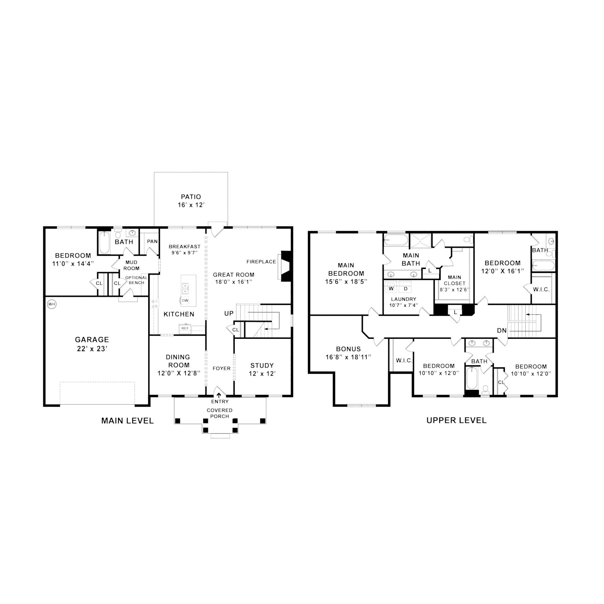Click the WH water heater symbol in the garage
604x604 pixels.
pos(51,304)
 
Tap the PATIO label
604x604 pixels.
pos(191,197)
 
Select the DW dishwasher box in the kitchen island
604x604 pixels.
pos(185,300)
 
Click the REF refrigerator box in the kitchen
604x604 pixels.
pos(185,328)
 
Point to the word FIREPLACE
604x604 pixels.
pos(261,261)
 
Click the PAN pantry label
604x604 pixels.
pos(152,241)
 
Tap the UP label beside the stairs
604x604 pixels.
pos(229,313)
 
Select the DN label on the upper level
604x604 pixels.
pos(502,330)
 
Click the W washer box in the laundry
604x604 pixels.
pos(391,288)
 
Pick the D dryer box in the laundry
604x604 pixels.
pos(405,288)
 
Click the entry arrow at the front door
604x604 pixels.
pos(218,395)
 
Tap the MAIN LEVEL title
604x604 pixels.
pos(127,421)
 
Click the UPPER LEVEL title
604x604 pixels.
pos(456,420)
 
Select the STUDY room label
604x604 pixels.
pos(262,366)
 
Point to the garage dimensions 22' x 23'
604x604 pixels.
pos(92,349)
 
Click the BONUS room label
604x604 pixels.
pos(349,349)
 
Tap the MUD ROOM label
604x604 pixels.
pos(131,265)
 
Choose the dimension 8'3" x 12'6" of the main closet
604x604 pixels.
pos(454,289)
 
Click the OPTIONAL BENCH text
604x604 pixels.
pos(136,280)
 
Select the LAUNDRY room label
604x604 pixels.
pos(404,299)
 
